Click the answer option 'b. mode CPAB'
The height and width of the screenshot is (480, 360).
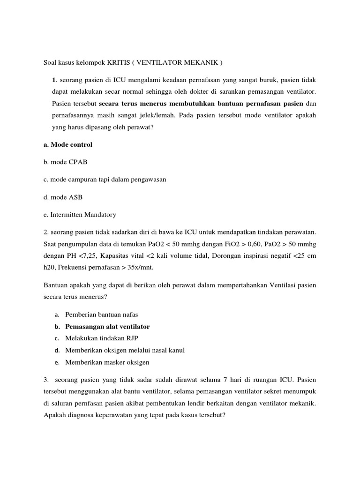(x=65, y=162)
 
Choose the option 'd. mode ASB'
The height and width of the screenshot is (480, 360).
(x=63, y=197)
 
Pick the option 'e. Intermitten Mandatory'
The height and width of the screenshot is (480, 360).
(x=80, y=215)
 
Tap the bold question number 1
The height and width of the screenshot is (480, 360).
(x=54, y=80)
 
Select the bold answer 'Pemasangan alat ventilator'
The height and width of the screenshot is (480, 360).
(x=107, y=326)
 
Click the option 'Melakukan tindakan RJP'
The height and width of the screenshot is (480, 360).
(x=102, y=338)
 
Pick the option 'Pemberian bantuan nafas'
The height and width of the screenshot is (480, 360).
(x=102, y=314)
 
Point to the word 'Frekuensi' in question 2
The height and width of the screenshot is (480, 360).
(x=76, y=267)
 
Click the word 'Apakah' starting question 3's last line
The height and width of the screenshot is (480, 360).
(x=54, y=415)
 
